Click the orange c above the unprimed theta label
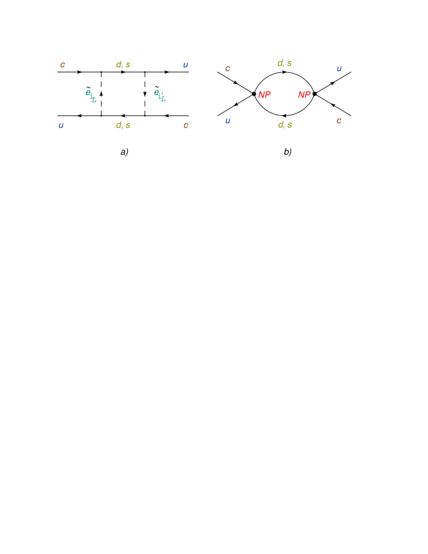point(62,65)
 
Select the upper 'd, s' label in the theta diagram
point(123,65)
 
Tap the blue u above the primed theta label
point(186,65)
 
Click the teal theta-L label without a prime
point(90,95)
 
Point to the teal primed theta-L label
point(159,95)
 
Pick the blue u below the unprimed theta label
point(61,126)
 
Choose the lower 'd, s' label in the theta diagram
point(123,125)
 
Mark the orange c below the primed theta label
point(186,126)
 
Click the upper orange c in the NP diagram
point(227,69)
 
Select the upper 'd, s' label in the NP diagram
point(284,63)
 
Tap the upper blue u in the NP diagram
point(339,69)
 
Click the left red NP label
point(264,95)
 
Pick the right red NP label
point(304,95)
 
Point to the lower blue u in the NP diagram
point(227,121)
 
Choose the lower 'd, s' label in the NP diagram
point(284,125)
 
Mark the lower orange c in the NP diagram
point(338,121)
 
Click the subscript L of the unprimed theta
point(94,100)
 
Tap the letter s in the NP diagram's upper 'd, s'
point(289,63)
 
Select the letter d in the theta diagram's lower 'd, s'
point(119,125)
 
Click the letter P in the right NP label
point(307,95)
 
